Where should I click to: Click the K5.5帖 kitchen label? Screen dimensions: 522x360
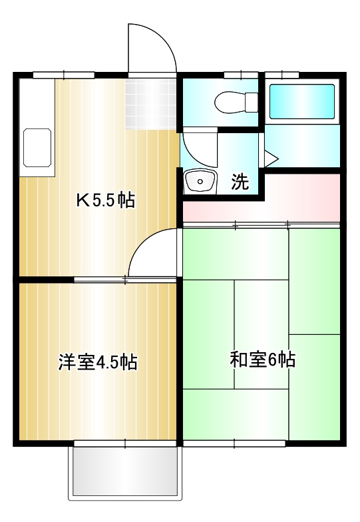(x=104, y=200)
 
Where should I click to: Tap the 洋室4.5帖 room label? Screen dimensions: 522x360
(x=97, y=362)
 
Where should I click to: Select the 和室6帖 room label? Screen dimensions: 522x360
(x=262, y=360)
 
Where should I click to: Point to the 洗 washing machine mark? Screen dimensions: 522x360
(x=240, y=181)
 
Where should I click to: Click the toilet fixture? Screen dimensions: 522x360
(x=236, y=102)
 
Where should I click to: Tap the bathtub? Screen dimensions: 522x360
(x=301, y=101)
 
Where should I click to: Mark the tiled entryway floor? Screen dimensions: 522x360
(x=152, y=103)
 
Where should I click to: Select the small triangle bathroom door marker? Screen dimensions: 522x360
(x=270, y=159)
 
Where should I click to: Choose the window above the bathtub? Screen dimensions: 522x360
(x=281, y=75)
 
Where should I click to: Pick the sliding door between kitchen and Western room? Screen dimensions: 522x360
(x=125, y=279)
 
